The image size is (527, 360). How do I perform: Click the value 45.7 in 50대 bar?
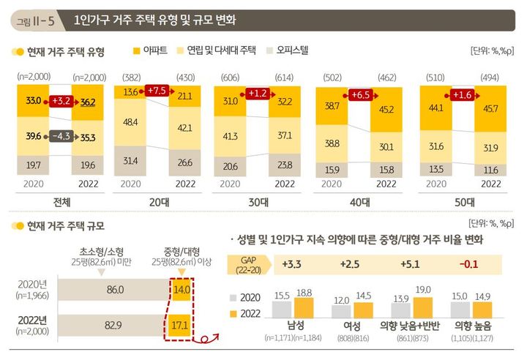(467, 108)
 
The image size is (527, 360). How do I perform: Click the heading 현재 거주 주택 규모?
(65, 226)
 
